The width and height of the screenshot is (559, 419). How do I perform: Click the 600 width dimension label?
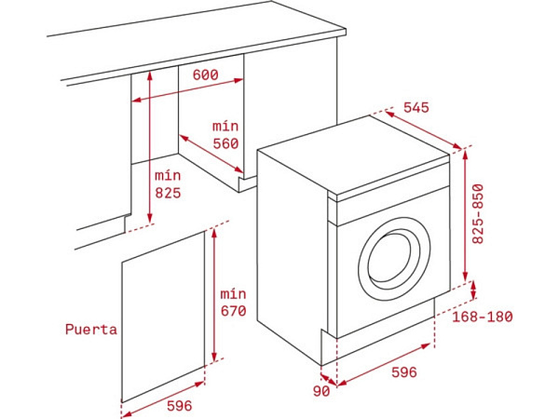(205, 74)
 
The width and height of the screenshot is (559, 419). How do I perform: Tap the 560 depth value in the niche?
(225, 143)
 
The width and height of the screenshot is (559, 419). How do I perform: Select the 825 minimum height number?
(168, 193)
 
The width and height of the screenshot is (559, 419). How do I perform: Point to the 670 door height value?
(233, 311)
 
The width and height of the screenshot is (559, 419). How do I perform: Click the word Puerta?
(91, 330)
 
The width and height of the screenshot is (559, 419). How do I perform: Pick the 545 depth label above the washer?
(416, 107)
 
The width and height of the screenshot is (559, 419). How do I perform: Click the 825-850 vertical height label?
(478, 214)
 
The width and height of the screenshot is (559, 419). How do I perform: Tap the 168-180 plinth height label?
(483, 317)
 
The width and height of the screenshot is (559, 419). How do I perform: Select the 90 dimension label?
(321, 391)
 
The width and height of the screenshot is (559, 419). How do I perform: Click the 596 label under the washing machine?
(404, 372)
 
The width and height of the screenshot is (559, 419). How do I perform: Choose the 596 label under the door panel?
(179, 405)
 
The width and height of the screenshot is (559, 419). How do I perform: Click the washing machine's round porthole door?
(394, 259)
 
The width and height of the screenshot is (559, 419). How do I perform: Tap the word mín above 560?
(225, 126)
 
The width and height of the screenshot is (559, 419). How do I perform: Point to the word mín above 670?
(233, 294)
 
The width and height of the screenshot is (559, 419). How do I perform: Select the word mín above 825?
(168, 176)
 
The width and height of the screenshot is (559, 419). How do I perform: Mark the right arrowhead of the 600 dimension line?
(239, 80)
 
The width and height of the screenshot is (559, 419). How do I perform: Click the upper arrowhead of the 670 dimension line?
(214, 233)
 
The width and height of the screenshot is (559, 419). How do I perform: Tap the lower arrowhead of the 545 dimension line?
(457, 146)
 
